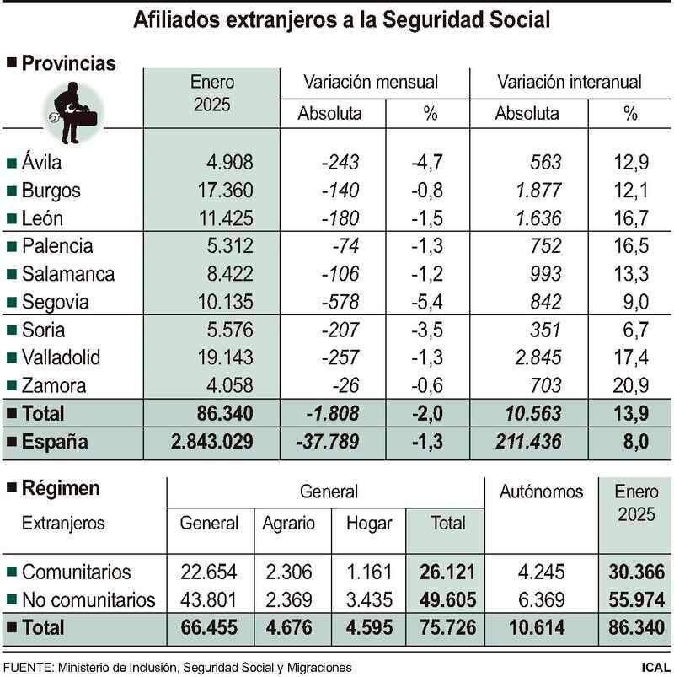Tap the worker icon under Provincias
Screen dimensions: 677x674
pyautogui.click(x=72, y=107)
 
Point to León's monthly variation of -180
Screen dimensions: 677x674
pyautogui.click(x=340, y=218)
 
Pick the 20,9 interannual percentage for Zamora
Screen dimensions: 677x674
pyautogui.click(x=631, y=385)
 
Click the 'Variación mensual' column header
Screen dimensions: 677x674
pyautogui.click(x=371, y=82)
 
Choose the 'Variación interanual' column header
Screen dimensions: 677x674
pyautogui.click(x=570, y=82)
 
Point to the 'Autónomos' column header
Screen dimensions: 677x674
pyautogui.click(x=541, y=492)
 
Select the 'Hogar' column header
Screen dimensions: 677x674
pyautogui.click(x=369, y=523)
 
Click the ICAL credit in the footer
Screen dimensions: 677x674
pyautogui.click(x=655, y=667)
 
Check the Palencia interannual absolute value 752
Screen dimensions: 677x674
pyautogui.click(x=543, y=246)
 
